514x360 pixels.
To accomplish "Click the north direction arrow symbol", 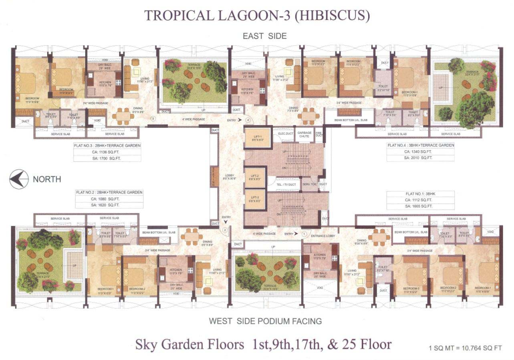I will (19, 179).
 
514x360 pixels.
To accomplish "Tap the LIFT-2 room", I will (255, 177).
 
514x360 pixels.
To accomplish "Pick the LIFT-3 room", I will (255, 200).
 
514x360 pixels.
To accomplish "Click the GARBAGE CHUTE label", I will (304, 135).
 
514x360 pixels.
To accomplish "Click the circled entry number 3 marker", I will (153, 119).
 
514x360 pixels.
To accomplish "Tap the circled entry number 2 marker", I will (225, 230).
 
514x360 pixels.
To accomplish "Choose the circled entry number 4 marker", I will (248, 119).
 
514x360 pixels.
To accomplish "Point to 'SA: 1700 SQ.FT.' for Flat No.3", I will (107, 158).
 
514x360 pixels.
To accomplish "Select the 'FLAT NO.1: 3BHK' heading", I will (420, 194).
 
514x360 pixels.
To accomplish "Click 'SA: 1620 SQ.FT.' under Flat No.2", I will (109, 205).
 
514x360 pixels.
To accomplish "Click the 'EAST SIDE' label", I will (264, 36).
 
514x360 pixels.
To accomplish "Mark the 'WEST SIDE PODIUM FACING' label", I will (265, 321).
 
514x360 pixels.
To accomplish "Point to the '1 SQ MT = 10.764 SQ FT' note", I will (465, 348).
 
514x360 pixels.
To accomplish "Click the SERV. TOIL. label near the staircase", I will (310, 184).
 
